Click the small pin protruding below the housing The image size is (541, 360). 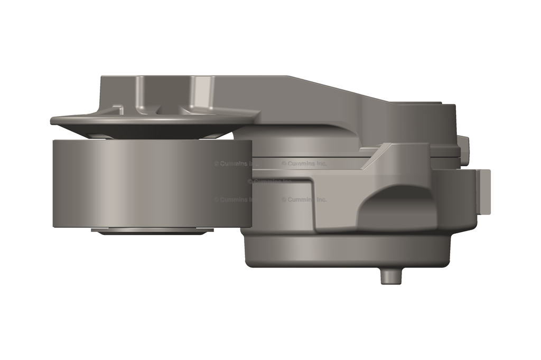391,276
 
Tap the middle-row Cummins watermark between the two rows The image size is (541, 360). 269,181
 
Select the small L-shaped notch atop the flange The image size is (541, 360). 118,109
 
